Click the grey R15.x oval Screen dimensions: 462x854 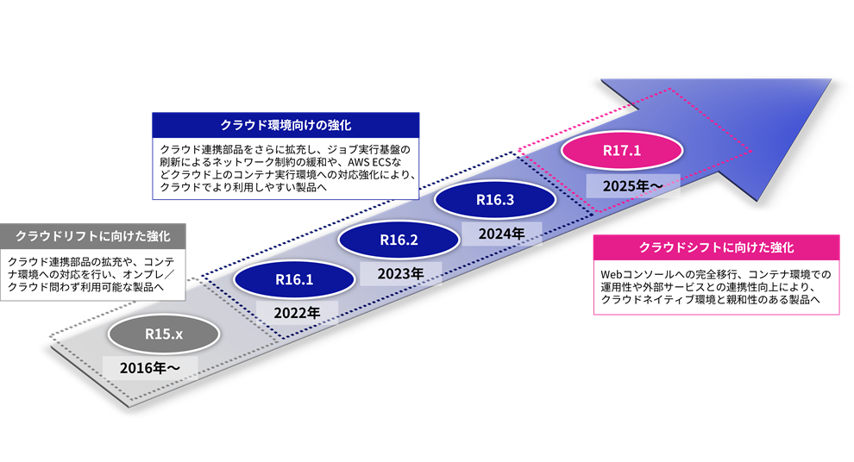point(163,333)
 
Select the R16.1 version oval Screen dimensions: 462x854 point(293,278)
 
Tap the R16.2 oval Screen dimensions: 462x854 point(398,240)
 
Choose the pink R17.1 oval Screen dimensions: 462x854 point(621,151)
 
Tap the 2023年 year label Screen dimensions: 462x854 point(398,273)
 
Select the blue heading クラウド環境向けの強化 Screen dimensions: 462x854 point(286,124)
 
